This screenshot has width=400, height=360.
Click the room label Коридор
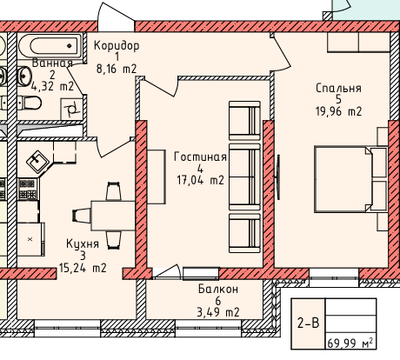click(x=117, y=45)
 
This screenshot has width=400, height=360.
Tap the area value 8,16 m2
click(x=117, y=69)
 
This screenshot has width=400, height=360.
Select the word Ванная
click(x=52, y=63)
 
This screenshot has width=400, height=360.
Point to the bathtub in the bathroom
click(x=50, y=45)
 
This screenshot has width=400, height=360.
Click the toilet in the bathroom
click(x=30, y=103)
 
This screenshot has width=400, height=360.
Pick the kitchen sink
click(x=38, y=161)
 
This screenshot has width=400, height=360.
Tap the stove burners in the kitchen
click(x=28, y=189)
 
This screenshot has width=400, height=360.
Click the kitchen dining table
click(x=113, y=216)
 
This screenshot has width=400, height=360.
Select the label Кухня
click(x=83, y=244)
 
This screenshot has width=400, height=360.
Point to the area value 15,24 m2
click(x=83, y=268)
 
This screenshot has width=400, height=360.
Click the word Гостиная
click(x=200, y=157)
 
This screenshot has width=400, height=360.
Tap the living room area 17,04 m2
click(x=201, y=180)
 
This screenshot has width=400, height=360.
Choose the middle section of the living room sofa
click(x=244, y=177)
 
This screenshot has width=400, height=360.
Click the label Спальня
click(x=338, y=88)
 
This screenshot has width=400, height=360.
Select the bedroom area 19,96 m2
click(x=338, y=111)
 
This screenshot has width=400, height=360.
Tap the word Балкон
click(x=218, y=289)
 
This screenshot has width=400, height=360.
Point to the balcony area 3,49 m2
click(x=218, y=312)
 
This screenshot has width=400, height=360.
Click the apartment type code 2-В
click(x=308, y=323)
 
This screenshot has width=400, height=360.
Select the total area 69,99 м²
click(x=350, y=343)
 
